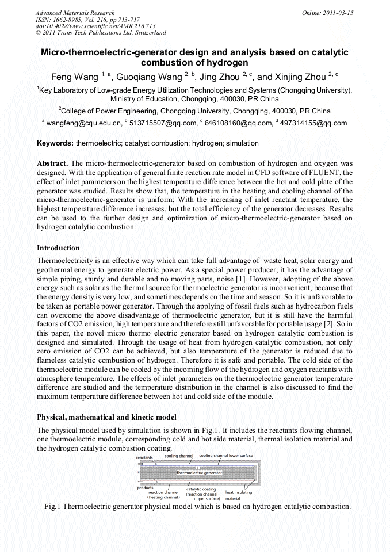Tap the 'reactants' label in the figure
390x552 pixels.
pyautogui.click(x=144, y=458)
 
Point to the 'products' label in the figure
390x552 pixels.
pyautogui.click(x=145, y=488)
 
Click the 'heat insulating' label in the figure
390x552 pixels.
pyautogui.click(x=238, y=492)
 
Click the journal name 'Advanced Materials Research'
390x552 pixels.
pyautogui.click(x=75, y=13)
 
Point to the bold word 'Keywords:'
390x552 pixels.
pyautogui.click(x=55, y=143)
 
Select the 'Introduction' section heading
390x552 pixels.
pyautogui.click(x=58, y=248)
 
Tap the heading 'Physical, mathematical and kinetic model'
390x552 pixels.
pyautogui.click(x=106, y=417)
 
